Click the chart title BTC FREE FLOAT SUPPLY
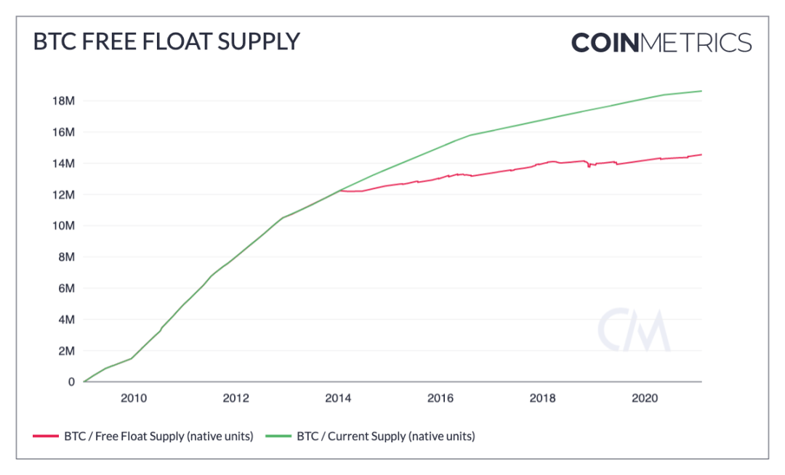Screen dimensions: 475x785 (x=166, y=41)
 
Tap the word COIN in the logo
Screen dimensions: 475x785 (x=604, y=42)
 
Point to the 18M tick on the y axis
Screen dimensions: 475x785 (x=63, y=101)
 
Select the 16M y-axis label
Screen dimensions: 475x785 (x=63, y=132)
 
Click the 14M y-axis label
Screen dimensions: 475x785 (x=63, y=163)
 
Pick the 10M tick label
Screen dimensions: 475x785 (x=63, y=226)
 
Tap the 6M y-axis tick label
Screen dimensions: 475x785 (x=65, y=288)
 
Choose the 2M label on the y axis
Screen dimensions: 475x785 (x=65, y=351)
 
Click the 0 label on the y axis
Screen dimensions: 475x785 (x=71, y=382)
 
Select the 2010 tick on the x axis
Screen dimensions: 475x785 (x=134, y=398)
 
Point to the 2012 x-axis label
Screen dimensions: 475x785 (x=236, y=398)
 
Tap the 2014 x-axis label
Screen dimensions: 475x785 (x=338, y=398)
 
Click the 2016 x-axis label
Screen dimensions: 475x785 (x=440, y=398)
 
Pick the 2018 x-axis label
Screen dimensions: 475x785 (x=543, y=398)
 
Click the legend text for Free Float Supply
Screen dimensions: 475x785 (x=158, y=437)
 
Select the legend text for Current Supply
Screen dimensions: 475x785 (x=385, y=437)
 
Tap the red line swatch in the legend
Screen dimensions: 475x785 (x=45, y=437)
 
